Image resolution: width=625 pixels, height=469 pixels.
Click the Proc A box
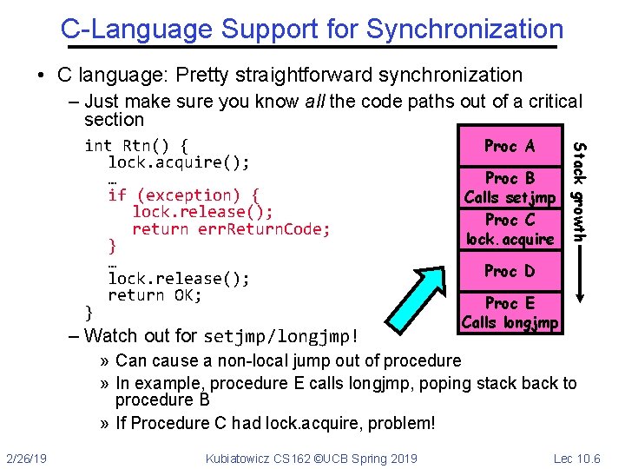510,147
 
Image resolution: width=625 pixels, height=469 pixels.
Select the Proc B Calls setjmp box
510,188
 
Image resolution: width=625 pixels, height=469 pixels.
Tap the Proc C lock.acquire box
510,229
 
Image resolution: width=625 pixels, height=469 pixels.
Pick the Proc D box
510,271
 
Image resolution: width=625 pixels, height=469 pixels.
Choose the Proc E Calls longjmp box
510,313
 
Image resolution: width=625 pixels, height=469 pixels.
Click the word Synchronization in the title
464,29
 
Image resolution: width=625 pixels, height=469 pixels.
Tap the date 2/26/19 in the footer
27,458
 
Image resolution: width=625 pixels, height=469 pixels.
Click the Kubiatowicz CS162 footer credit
311,458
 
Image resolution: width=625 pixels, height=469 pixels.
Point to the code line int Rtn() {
136,145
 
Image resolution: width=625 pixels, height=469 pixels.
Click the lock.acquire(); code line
179,162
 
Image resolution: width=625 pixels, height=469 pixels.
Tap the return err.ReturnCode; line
231,229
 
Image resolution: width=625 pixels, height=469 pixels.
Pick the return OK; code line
155,295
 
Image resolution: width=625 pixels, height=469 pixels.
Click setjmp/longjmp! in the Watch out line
281,336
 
